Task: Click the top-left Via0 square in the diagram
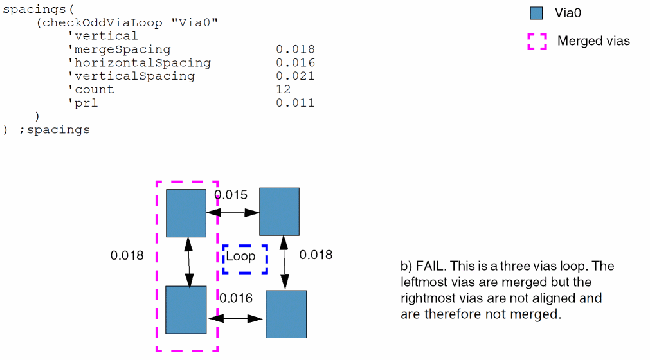186,213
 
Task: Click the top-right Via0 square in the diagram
279,211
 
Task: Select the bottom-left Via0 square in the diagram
186,310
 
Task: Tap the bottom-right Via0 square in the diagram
286,314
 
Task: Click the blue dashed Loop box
245,258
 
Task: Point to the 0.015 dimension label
231,195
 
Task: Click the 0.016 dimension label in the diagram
236,298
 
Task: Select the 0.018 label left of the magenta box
127,255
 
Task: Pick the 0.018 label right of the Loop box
316,255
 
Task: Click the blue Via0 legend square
537,13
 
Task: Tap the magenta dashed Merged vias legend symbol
537,41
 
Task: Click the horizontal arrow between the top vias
233,212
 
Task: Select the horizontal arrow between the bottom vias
236,318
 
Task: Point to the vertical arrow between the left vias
188,262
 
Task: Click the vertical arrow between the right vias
284,263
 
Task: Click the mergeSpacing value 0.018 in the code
295,50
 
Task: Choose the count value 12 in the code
283,89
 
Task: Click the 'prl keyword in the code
83,103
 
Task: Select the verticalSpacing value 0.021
295,76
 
